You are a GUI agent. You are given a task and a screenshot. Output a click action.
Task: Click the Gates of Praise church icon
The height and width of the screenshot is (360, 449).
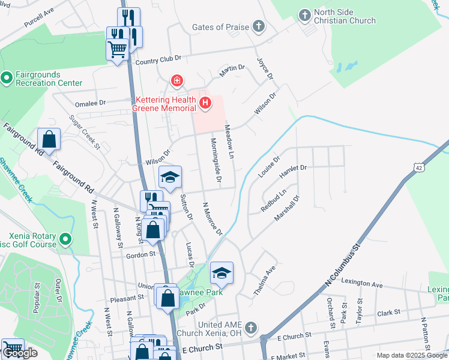(x=258, y=26)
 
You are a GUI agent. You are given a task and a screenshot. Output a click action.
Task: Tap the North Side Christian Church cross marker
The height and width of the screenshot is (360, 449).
(x=304, y=14)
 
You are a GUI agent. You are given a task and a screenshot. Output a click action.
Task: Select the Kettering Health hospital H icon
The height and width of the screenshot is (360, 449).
(x=205, y=103)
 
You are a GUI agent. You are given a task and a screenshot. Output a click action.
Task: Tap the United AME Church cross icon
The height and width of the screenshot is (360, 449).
(x=251, y=328)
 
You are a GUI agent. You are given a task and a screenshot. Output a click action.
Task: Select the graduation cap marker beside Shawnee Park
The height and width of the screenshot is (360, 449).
(x=221, y=273)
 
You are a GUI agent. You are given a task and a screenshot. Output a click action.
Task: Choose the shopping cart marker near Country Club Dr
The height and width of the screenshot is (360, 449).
(x=117, y=47)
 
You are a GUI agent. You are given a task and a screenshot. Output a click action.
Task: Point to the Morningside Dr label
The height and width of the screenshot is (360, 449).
(x=215, y=160)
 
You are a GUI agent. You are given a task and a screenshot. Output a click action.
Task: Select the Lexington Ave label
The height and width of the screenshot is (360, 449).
(x=361, y=283)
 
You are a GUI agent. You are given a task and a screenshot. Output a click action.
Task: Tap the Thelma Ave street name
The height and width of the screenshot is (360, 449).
(x=264, y=280)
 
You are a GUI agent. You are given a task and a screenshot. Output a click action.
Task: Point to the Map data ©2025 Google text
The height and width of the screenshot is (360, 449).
(x=412, y=355)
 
